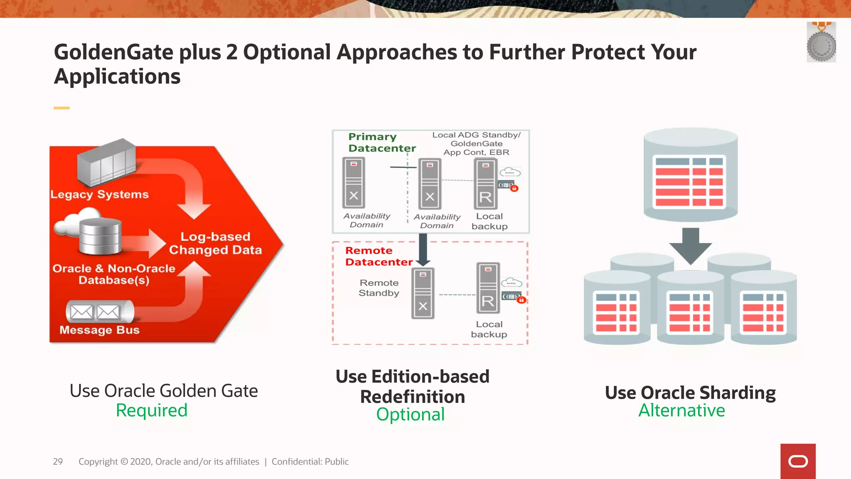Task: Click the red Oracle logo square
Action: click(798, 461)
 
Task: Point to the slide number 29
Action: click(58, 462)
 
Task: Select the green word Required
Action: click(152, 410)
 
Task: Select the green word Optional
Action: click(410, 415)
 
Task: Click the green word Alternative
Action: click(681, 410)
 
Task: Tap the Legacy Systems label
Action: click(99, 194)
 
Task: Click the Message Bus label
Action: click(99, 330)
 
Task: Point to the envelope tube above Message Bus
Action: click(100, 311)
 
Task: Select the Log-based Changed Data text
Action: click(215, 243)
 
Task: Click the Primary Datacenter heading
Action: click(381, 143)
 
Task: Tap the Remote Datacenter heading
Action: click(379, 256)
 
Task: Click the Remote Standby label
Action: click(379, 288)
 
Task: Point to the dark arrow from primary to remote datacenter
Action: click(423, 250)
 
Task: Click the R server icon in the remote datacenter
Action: click(488, 288)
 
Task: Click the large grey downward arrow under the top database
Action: click(690, 246)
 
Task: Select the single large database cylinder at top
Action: click(690, 175)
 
